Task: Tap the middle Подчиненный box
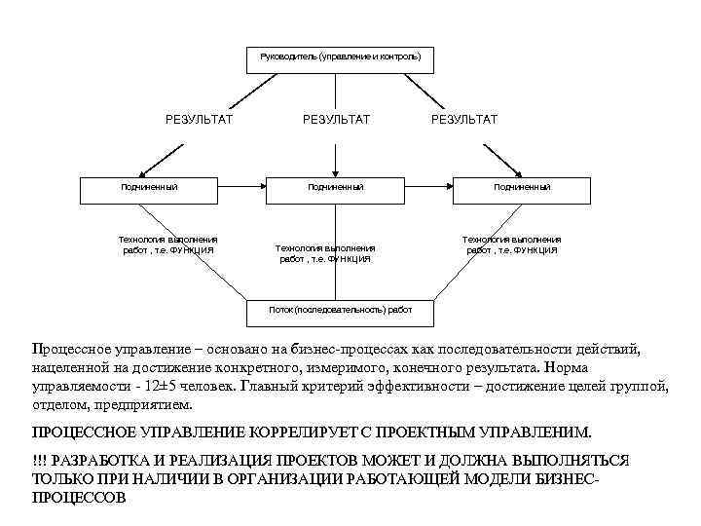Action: point(335,186)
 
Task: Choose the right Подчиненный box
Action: point(521,186)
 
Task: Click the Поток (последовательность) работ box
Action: point(341,310)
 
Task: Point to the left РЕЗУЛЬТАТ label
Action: point(199,119)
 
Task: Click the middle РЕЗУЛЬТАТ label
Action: point(336,119)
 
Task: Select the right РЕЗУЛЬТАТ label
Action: point(463,119)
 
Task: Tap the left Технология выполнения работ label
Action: point(167,244)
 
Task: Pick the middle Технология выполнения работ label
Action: point(325,253)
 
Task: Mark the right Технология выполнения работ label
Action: point(511,244)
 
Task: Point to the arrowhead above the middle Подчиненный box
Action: point(335,169)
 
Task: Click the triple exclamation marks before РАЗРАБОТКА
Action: point(40,460)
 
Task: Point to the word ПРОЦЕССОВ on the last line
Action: point(80,496)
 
